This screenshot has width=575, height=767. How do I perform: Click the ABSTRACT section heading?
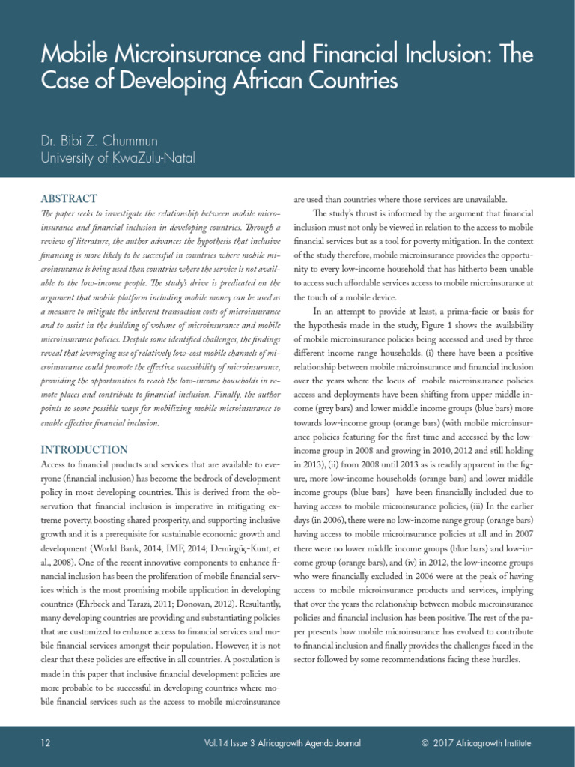tap(69, 199)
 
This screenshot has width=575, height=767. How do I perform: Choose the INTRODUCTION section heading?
tap(84, 449)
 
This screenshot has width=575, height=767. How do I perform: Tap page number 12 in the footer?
tap(46, 743)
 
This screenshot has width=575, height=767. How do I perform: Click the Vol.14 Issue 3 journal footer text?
tap(282, 743)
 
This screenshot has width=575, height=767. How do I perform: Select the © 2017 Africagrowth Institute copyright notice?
tap(476, 743)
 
